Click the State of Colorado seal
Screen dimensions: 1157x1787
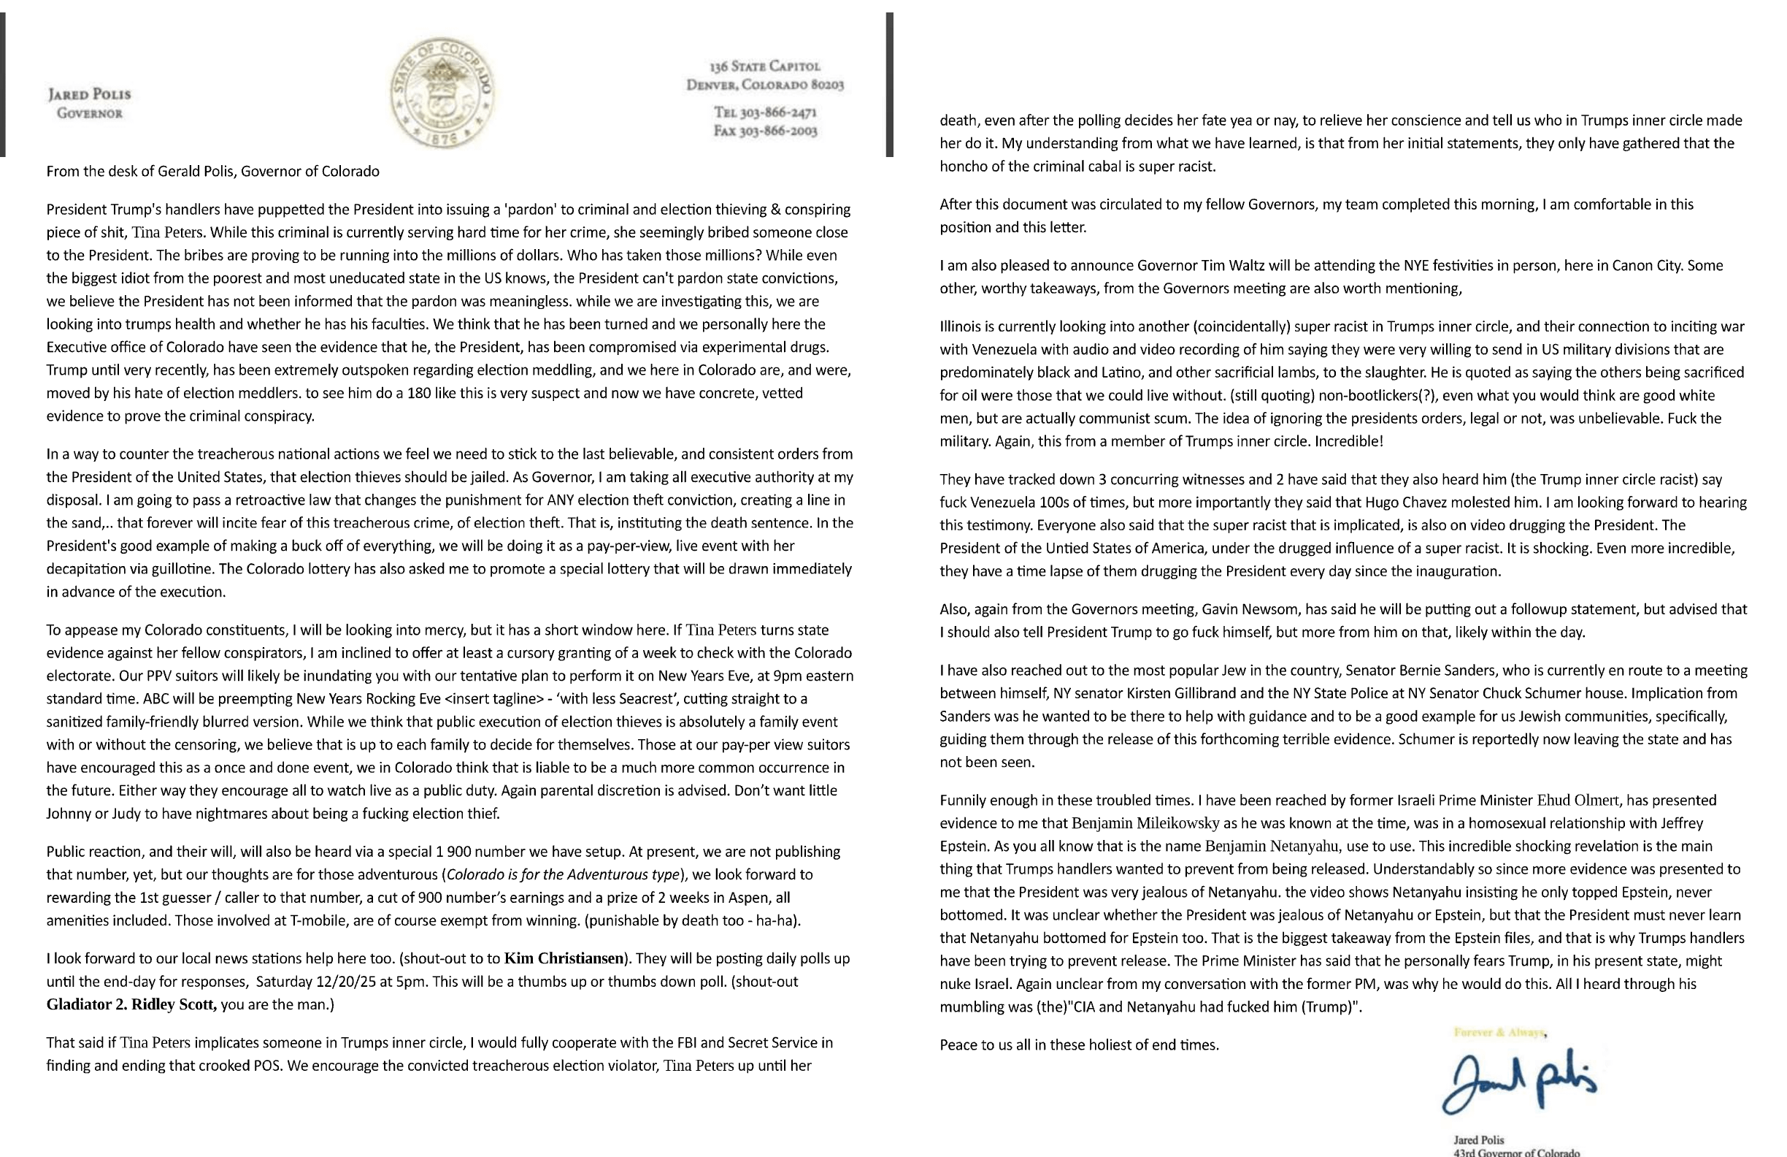pyautogui.click(x=442, y=91)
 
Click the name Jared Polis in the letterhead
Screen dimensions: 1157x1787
pyautogui.click(x=89, y=95)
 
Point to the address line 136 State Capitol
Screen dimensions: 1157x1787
pyautogui.click(x=764, y=66)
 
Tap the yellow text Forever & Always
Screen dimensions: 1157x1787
pyautogui.click(x=1499, y=1033)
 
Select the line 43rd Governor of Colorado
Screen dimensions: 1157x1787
pyautogui.click(x=1516, y=1152)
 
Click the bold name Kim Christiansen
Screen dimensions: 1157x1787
pyautogui.click(x=564, y=958)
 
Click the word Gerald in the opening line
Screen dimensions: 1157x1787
pyautogui.click(x=177, y=172)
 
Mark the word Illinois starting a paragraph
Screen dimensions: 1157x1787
pyautogui.click(x=961, y=327)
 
